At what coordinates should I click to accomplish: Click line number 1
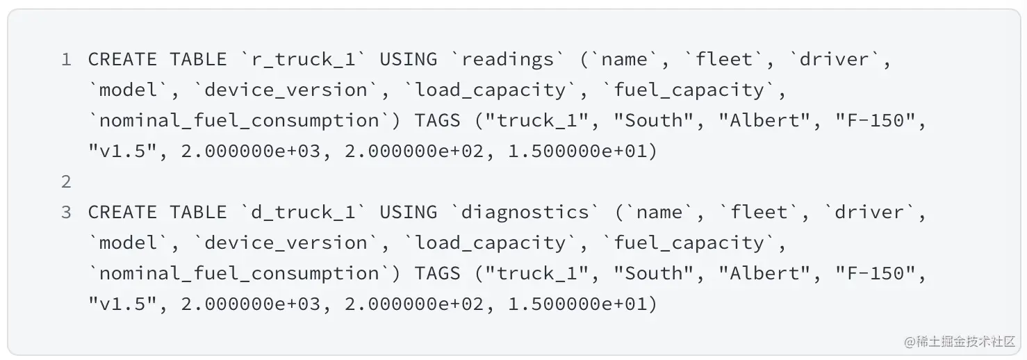tap(66, 60)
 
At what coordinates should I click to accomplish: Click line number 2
tap(66, 182)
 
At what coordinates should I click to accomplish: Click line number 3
tap(66, 213)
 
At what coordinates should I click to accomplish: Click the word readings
tap(508, 60)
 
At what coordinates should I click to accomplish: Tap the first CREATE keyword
tap(122, 60)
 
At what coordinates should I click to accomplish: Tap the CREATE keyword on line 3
tap(122, 213)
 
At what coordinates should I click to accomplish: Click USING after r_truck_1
tap(409, 60)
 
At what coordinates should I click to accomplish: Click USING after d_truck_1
tap(409, 213)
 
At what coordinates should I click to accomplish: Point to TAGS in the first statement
tap(437, 121)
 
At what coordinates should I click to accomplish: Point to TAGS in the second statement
tap(437, 274)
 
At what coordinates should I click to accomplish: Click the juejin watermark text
tap(960, 341)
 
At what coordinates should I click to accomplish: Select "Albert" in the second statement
tap(764, 274)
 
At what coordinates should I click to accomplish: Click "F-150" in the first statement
tap(870, 121)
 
